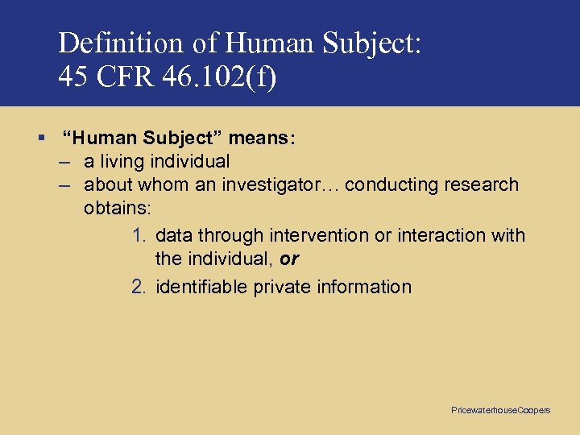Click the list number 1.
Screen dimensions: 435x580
tap(139, 235)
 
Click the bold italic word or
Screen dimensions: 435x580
tap(290, 259)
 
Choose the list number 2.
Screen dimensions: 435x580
tap(139, 287)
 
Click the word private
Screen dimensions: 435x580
tap(280, 287)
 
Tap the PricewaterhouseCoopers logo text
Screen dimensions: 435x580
tap(500, 411)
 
